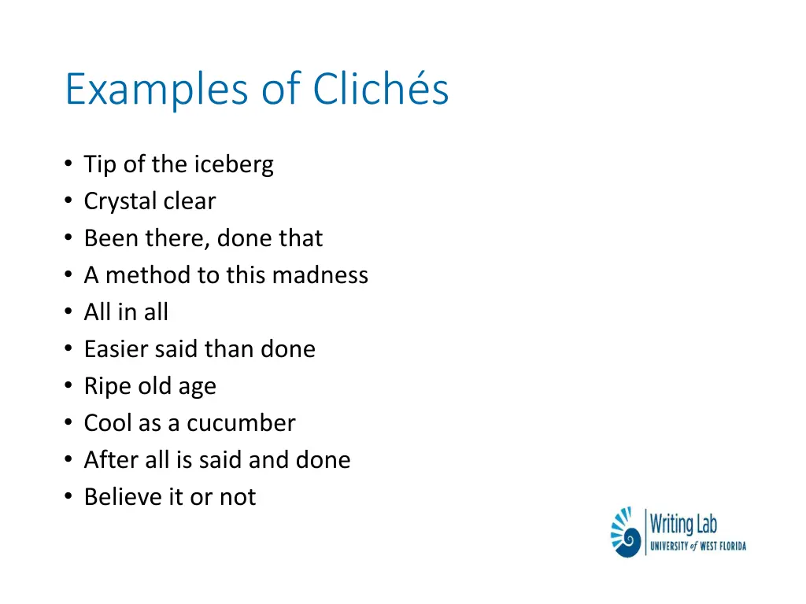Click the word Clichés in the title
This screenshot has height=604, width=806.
(381, 89)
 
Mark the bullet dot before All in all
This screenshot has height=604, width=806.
(69, 313)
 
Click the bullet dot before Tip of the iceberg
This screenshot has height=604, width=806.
(69, 165)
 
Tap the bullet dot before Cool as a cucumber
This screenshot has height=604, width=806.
(69, 424)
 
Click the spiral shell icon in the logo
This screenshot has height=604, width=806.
(626, 533)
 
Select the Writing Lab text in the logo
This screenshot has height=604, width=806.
(683, 523)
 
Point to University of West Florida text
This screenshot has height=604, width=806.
(697, 546)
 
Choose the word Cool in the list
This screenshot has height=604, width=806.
(109, 423)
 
